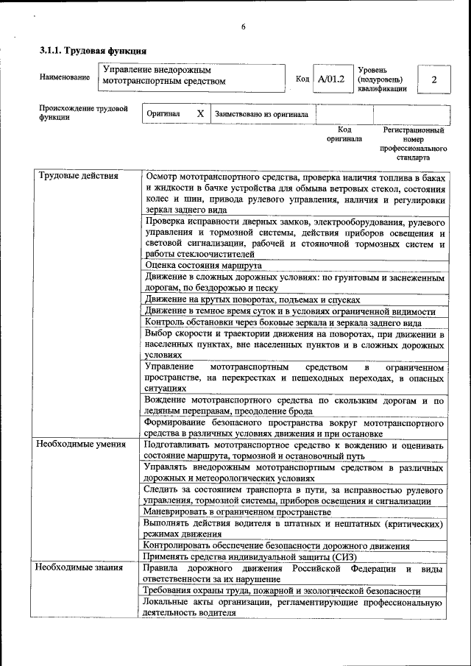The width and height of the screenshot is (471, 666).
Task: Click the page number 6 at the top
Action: click(243, 27)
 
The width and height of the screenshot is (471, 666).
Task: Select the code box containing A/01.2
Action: click(330, 78)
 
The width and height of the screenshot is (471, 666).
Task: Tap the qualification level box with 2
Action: click(433, 79)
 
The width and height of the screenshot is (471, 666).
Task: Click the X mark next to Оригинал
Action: click(199, 115)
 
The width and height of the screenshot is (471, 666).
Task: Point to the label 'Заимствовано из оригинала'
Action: click(261, 115)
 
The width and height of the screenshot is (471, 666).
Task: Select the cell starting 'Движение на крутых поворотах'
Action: click(252, 300)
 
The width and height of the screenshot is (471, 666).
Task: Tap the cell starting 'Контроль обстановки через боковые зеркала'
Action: click(283, 322)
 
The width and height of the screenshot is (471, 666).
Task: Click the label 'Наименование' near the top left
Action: click(65, 77)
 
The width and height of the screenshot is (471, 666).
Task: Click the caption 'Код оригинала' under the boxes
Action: click(344, 134)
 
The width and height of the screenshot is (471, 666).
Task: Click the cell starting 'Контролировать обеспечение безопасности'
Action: click(277, 546)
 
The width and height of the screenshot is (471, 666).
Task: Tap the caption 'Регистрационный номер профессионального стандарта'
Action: click(414, 144)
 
